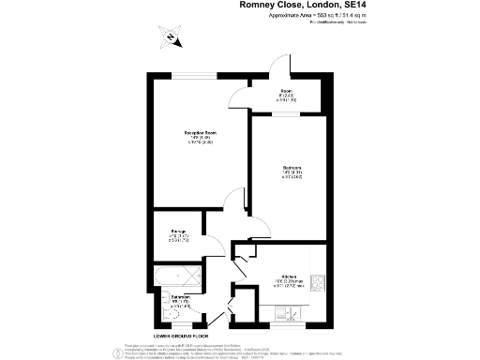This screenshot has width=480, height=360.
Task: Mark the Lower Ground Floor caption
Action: pos(180,335)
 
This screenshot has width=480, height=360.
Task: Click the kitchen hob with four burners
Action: pos(318,281)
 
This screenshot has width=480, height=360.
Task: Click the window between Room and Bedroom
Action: pos(287,114)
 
